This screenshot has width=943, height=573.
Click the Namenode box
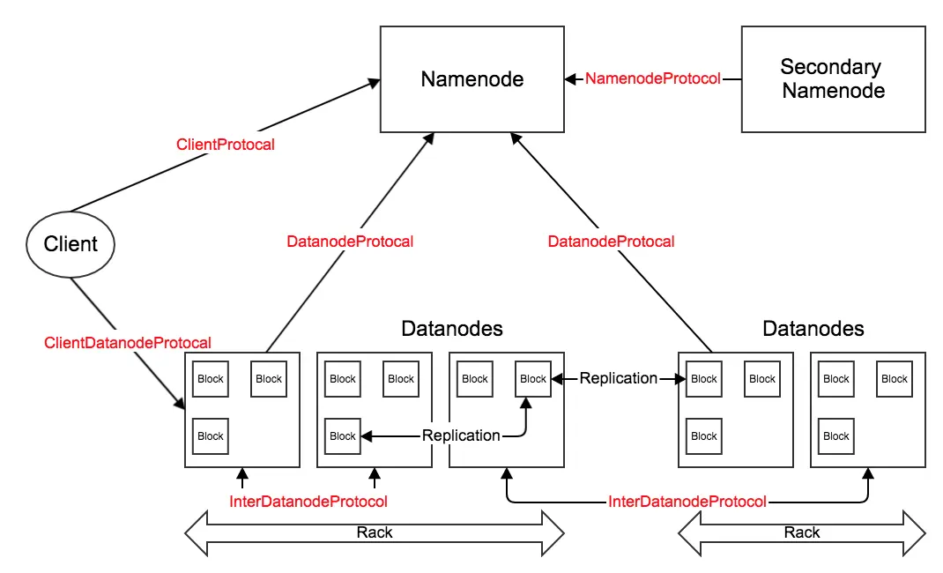tap(472, 78)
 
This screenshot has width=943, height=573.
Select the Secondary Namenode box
tap(833, 78)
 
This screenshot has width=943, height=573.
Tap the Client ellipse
tap(71, 244)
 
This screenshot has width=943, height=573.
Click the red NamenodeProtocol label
tap(652, 78)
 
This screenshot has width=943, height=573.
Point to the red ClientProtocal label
tap(226, 145)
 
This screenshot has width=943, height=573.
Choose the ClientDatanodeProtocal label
tap(128, 343)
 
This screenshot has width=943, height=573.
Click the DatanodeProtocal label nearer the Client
tap(350, 242)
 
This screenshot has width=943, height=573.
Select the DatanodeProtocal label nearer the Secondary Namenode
tap(611, 242)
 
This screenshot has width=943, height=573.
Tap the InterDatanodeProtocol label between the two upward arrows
tap(308, 502)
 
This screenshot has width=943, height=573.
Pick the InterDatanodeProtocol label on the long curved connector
tap(687, 502)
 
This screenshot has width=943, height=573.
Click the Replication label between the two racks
tap(619, 378)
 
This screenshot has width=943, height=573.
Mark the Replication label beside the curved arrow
tap(461, 435)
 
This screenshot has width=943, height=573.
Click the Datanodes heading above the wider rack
tap(451, 328)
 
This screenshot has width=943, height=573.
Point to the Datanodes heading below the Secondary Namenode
tap(813, 328)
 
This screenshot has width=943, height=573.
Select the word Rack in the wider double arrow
tap(374, 532)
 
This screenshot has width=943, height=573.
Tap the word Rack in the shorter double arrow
tap(802, 532)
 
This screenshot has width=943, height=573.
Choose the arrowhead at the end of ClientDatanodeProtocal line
tap(179, 403)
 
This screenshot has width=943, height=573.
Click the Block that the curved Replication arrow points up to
tap(533, 379)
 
